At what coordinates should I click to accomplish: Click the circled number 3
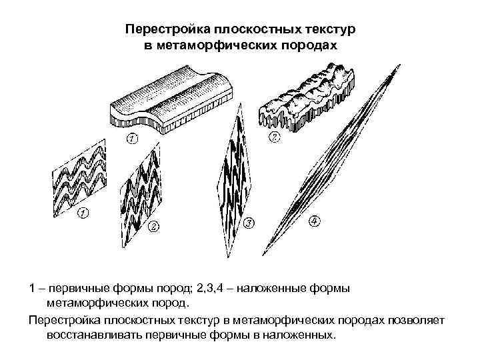[x=249, y=222]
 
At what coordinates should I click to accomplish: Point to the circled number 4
[x=314, y=220]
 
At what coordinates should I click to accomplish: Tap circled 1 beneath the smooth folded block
[x=131, y=139]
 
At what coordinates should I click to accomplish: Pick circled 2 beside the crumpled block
[x=274, y=138]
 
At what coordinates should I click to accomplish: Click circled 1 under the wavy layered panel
[x=83, y=213]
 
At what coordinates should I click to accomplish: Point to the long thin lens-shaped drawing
[x=333, y=160]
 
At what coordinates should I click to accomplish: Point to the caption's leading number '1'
[x=32, y=288]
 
